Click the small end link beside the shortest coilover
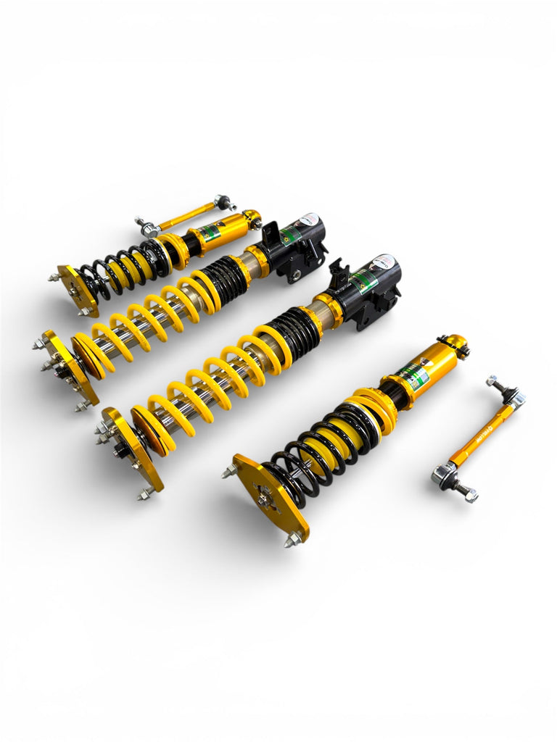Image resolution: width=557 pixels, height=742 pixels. [186, 214]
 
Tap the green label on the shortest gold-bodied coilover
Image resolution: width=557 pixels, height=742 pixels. [210, 233]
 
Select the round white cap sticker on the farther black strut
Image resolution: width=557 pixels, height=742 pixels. [308, 219]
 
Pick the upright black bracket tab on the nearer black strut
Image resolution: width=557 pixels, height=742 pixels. [339, 275]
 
